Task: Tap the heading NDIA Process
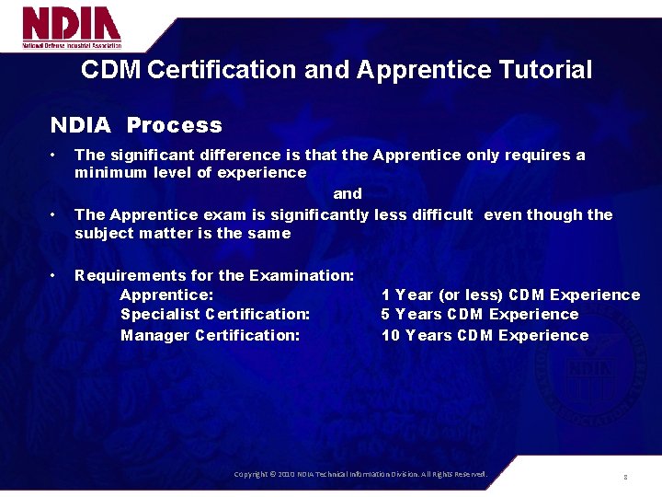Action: pos(136,125)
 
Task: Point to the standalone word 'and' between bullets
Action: pos(348,193)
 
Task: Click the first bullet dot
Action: pos(56,155)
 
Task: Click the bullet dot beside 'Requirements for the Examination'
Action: pos(56,275)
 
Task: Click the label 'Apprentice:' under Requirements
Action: pos(167,295)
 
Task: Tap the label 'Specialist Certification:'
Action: pos(215,315)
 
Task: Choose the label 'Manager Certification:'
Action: pos(211,335)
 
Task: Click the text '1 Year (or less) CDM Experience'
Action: pos(510,295)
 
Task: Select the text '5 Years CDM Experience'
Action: pos(480,315)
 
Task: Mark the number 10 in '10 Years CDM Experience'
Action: pos(391,335)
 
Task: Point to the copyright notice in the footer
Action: pos(360,474)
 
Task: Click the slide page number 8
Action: pos(625,477)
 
